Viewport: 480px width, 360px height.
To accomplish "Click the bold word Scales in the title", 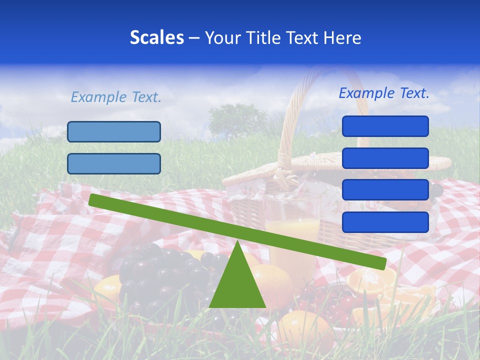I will click(156, 37).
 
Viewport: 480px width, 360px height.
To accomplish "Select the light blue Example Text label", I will click(116, 97).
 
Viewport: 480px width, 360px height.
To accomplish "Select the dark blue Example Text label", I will click(384, 93).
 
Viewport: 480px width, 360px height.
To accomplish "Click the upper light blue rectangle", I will click(114, 131).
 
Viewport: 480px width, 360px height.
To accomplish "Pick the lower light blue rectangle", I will click(114, 163).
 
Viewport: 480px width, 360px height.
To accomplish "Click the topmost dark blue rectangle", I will click(385, 126).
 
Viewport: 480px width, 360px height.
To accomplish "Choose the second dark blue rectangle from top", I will click(385, 158).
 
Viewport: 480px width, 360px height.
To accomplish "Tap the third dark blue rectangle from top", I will click(385, 190).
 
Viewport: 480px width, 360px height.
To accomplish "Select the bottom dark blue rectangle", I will click(385, 222).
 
